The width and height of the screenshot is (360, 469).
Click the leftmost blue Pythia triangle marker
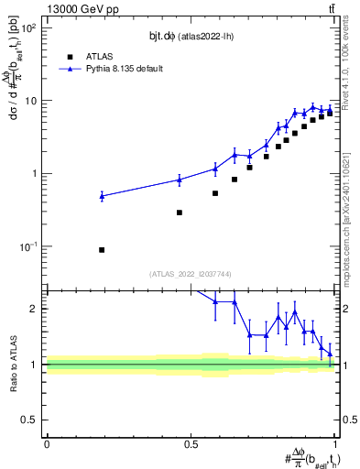102,196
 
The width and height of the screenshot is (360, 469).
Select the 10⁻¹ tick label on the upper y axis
27,246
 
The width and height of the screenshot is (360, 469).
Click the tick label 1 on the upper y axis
35,173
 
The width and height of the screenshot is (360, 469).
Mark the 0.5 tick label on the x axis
191,444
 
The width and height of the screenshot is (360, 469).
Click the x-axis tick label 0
47,444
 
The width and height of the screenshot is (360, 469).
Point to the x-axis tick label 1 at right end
335,444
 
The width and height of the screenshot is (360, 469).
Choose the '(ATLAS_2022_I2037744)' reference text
190,273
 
